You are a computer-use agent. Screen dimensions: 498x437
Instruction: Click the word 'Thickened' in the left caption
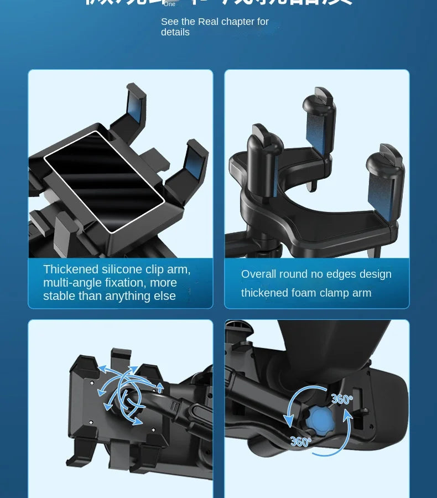click(x=71, y=269)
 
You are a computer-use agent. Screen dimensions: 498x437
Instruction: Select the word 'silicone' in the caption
click(x=122, y=269)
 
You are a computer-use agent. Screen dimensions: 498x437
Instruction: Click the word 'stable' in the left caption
click(x=60, y=296)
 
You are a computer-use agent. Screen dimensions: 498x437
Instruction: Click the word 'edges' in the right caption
click(x=348, y=274)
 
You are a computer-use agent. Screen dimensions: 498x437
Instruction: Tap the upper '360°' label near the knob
click(x=342, y=398)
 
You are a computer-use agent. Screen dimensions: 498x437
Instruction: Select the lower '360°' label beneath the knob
click(x=300, y=442)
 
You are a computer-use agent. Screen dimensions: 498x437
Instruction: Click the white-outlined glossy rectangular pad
click(x=104, y=181)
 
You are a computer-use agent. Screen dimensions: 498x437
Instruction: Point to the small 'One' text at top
click(x=169, y=4)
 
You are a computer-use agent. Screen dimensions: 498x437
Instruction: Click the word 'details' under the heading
click(x=175, y=32)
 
